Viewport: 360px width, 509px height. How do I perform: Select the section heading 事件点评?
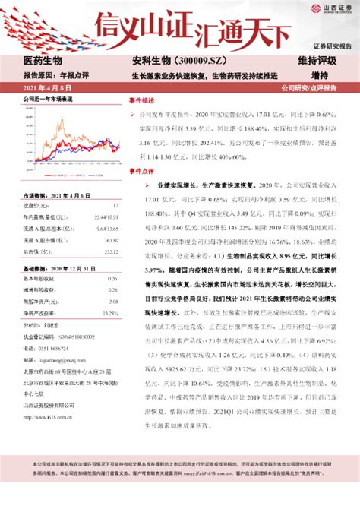tap(141, 171)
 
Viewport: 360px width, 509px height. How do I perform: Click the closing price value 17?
tap(115, 205)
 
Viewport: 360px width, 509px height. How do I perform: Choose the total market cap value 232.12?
tap(111, 250)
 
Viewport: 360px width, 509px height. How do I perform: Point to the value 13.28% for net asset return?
tap(109, 313)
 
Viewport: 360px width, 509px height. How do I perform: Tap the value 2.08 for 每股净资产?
tap(114, 302)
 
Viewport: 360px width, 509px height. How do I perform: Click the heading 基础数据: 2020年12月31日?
tap(58, 269)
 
